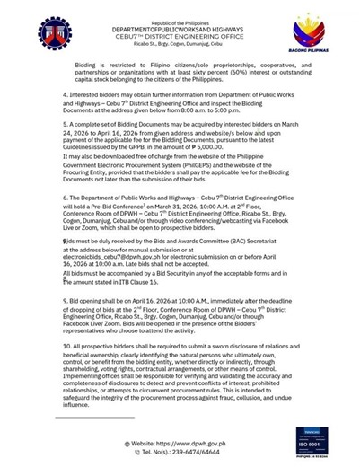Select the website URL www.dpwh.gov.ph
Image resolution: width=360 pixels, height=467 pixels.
pos(211,443)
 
